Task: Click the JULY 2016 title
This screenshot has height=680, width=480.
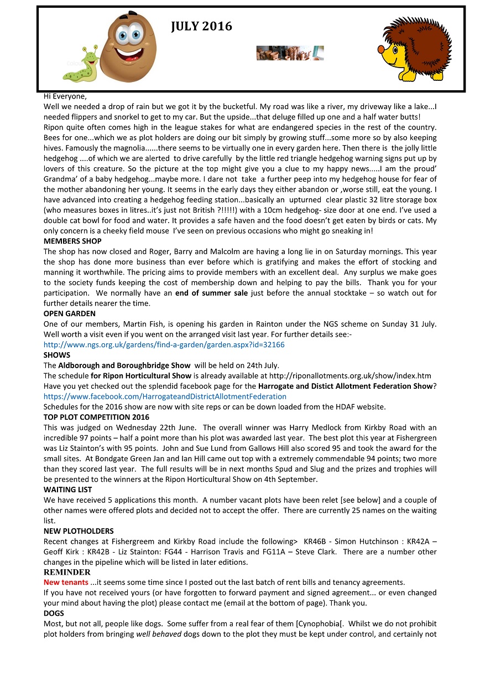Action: (201, 26)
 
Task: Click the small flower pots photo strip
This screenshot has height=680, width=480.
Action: (290, 53)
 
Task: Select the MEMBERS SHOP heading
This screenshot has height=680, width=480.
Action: (72, 241)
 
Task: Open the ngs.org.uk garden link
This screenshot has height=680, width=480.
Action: (164, 344)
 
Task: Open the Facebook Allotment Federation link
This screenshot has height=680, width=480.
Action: (165, 396)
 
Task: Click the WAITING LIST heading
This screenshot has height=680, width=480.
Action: (68, 490)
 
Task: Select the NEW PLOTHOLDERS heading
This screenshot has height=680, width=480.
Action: (79, 530)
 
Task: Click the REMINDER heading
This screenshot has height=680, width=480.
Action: (67, 572)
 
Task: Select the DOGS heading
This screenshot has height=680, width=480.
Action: (54, 613)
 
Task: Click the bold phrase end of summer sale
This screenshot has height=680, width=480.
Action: (211, 293)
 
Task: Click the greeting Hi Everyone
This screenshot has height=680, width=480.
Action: (65, 96)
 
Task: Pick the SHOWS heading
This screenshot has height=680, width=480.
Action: (57, 355)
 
